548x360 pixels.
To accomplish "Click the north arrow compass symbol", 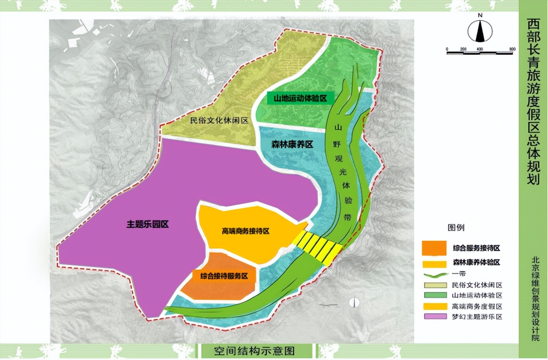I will point(480,31).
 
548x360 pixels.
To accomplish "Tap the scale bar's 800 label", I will point(512,49).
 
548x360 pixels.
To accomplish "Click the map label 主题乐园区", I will point(148,224).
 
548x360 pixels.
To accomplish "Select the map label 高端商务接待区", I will point(245,231).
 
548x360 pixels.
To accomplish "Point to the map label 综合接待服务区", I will point(224,276).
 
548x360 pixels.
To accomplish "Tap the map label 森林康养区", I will point(292,144).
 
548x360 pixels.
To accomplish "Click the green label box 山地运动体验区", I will point(300,98).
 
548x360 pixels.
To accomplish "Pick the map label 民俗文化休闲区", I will point(219,120).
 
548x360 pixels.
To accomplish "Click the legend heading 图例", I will point(456,227).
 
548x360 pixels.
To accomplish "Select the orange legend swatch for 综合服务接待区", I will point(434,248).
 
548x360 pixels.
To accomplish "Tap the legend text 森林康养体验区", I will point(476,262).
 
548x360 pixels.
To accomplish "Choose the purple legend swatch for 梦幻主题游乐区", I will point(435,316).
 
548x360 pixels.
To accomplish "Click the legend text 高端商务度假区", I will point(477,306).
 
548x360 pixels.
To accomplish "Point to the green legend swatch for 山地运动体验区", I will point(435,295).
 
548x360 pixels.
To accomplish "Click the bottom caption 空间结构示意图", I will point(254,351).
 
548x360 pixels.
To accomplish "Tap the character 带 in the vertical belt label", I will point(347,217).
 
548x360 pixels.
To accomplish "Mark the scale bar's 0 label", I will point(447,49).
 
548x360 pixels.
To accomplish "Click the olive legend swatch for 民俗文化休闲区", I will point(435,285).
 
